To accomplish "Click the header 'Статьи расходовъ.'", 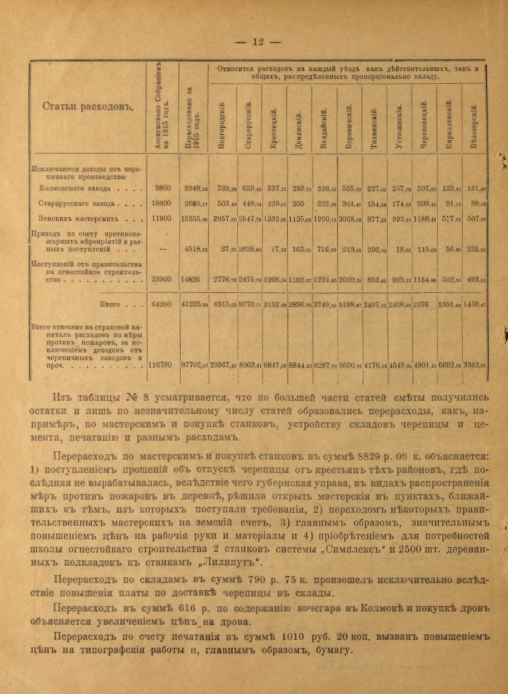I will click(x=87, y=107).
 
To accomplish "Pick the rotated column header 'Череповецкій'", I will click(x=424, y=124).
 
